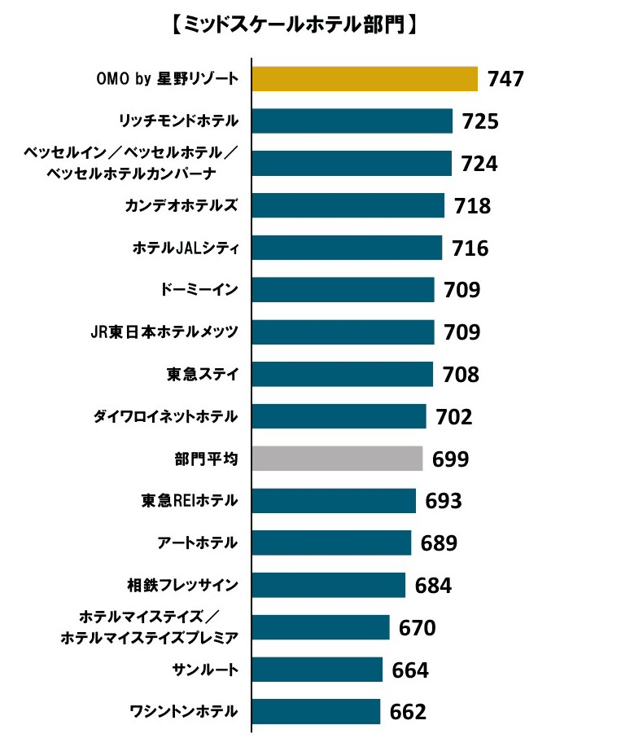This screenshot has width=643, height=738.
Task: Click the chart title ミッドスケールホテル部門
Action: (x=296, y=25)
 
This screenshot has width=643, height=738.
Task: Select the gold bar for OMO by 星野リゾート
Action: (x=364, y=79)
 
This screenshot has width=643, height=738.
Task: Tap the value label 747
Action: (x=505, y=79)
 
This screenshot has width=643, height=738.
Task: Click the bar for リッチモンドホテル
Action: (x=352, y=121)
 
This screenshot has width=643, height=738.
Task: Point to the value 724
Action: (x=479, y=164)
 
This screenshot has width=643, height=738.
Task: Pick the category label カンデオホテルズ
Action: (x=182, y=205)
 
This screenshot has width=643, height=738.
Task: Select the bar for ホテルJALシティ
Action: (x=347, y=248)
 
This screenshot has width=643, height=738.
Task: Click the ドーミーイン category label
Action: (x=199, y=290)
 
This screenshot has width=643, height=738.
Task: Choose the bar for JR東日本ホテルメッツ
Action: (x=343, y=332)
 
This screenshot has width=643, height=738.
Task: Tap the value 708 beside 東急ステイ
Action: (x=461, y=375)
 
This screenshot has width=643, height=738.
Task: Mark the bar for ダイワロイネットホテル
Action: (x=339, y=416)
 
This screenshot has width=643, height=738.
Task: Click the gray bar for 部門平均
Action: (x=337, y=459)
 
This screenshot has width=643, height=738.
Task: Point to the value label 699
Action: (x=450, y=459)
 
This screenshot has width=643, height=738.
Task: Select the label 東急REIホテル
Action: (x=189, y=500)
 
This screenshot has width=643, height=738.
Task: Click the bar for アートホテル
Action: (x=331, y=543)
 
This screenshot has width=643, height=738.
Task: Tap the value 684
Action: (x=433, y=586)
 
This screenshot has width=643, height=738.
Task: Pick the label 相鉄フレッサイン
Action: (x=182, y=584)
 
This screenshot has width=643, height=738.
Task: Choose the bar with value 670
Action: (x=321, y=627)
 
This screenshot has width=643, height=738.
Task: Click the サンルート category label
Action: (x=205, y=670)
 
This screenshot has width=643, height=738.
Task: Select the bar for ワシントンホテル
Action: (x=316, y=711)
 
